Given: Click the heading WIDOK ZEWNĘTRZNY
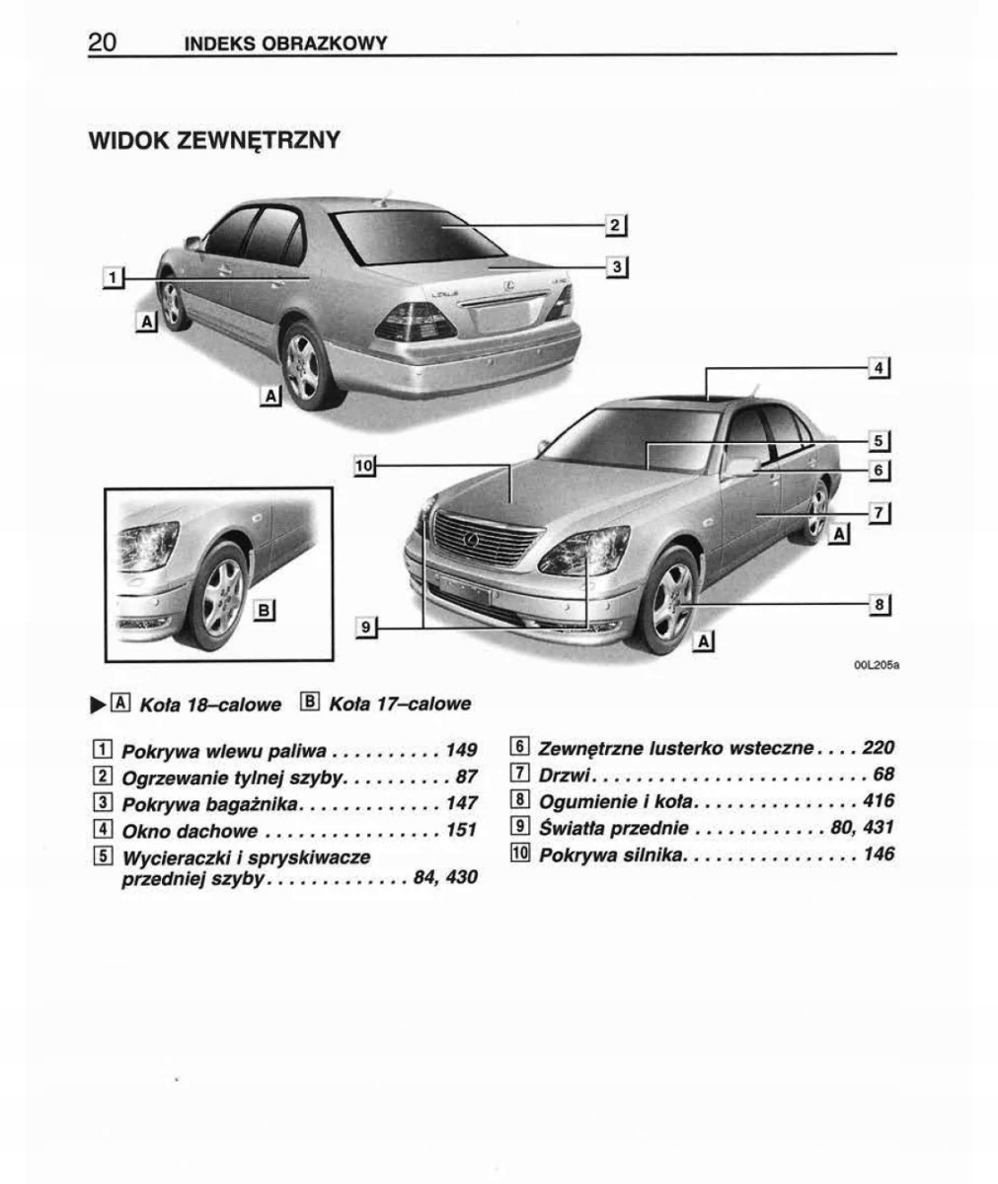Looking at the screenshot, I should (x=214, y=140).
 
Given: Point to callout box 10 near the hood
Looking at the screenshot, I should (x=364, y=464).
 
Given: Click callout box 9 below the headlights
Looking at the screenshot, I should (x=365, y=626).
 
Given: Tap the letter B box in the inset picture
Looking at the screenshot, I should (x=264, y=610).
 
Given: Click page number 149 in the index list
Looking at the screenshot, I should (x=461, y=751).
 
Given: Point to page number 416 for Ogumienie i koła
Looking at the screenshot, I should (x=878, y=801).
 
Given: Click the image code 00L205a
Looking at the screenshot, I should (x=876, y=665).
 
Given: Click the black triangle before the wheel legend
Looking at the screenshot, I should (x=97, y=704).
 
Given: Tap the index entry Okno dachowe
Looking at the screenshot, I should (x=189, y=831).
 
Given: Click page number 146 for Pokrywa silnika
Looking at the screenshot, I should (x=878, y=854).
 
